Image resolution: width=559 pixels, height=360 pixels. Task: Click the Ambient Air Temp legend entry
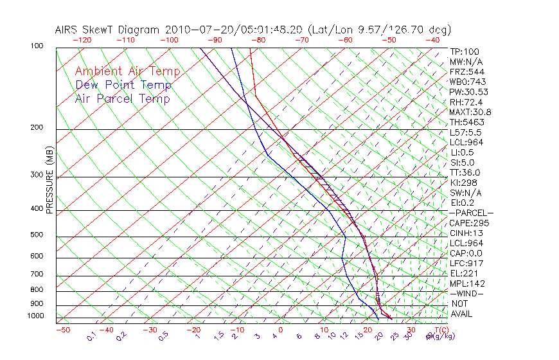pyautogui.click(x=127, y=71)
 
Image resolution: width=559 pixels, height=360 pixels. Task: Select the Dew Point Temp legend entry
pyautogui.click(x=123, y=85)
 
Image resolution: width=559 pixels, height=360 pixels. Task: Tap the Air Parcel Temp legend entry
pyautogui.click(x=122, y=98)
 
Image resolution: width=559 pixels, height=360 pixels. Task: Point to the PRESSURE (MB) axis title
pyautogui.click(x=49, y=180)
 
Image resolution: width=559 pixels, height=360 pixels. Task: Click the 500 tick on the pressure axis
pyautogui.click(x=37, y=235)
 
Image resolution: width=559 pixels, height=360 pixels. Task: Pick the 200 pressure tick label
pyautogui.click(x=37, y=127)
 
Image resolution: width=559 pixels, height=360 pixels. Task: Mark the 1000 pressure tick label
pyautogui.click(x=35, y=316)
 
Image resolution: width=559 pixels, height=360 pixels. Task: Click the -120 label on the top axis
pyautogui.click(x=82, y=40)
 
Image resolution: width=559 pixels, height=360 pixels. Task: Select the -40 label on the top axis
pyautogui.click(x=432, y=40)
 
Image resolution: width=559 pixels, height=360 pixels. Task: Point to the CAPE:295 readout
pyautogui.click(x=469, y=223)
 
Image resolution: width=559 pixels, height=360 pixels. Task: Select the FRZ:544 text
pyautogui.click(x=466, y=71)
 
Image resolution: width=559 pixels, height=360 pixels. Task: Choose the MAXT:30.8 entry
pyautogui.click(x=471, y=112)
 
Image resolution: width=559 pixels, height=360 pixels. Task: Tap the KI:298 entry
pyautogui.click(x=464, y=183)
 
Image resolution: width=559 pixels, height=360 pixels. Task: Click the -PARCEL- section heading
pyautogui.click(x=472, y=213)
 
